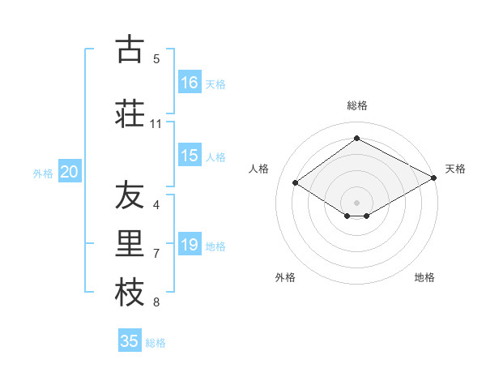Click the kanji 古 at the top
pyautogui.click(x=129, y=49)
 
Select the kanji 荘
pyautogui.click(x=129, y=113)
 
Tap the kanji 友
pyautogui.click(x=129, y=196)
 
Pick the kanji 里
pyautogui.click(x=129, y=242)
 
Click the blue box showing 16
pyautogui.click(x=190, y=82)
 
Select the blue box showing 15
pyautogui.click(x=190, y=156)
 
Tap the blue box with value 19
pyautogui.click(x=190, y=245)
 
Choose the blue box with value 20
pyautogui.click(x=70, y=172)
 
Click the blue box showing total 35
pyautogui.click(x=130, y=341)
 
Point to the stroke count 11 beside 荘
pyautogui.click(x=156, y=123)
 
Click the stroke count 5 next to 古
pyautogui.click(x=156, y=58)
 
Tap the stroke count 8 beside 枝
pyautogui.click(x=156, y=302)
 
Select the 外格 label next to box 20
pyautogui.click(x=42, y=173)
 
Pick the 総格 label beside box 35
pyautogui.click(x=156, y=342)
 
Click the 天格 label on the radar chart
pyautogui.click(x=455, y=169)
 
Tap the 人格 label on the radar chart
pyautogui.click(x=259, y=169)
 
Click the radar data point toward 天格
pyautogui.click(x=435, y=178)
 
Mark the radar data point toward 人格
pyautogui.click(x=296, y=183)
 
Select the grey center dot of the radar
pyautogui.click(x=356, y=201)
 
